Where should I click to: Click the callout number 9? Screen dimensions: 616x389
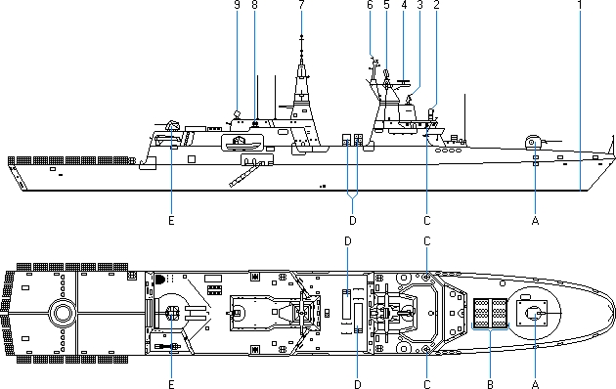click(237, 4)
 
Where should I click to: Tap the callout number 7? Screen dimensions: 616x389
click(301, 4)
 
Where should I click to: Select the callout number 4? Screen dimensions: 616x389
click(404, 4)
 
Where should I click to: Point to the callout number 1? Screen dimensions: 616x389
click(580, 4)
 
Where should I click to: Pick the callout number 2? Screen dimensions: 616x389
click(436, 4)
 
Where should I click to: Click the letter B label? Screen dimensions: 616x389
click(490, 384)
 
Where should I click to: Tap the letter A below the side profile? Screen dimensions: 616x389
click(535, 221)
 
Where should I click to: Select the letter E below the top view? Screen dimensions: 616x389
click(171, 384)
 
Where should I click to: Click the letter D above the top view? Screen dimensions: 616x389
click(348, 241)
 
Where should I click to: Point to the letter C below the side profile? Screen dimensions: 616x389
click(427, 221)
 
